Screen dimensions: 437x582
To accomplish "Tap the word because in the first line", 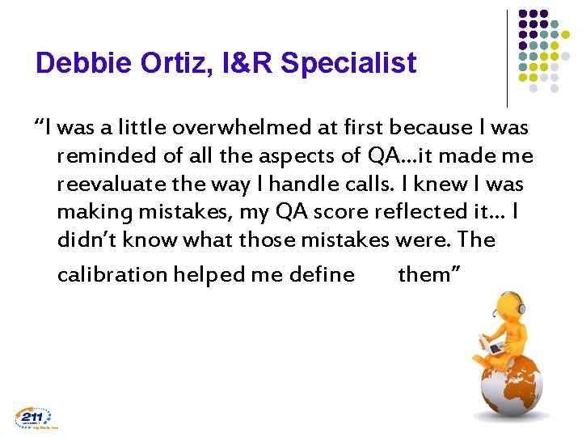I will [427, 127].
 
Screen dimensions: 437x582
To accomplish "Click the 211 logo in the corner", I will [33, 417].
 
